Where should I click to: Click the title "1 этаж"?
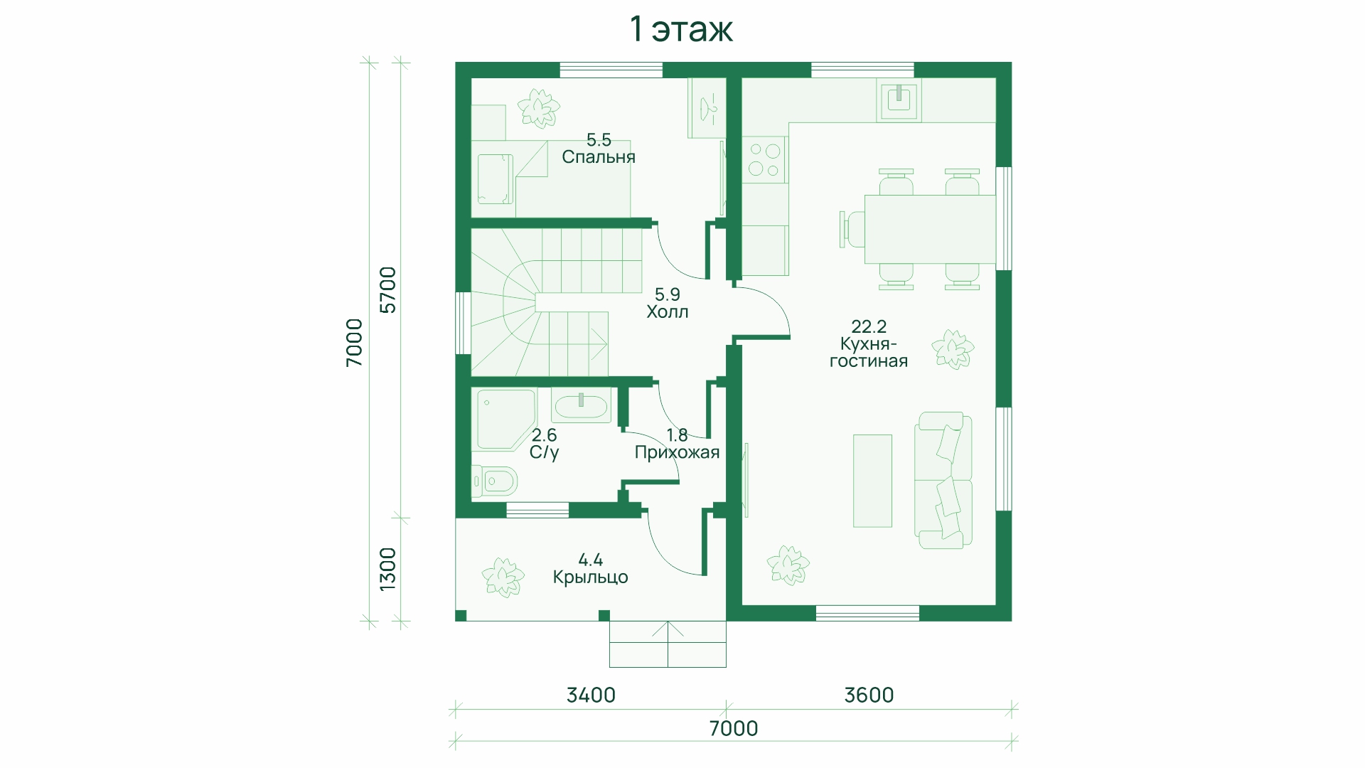tap(681, 30)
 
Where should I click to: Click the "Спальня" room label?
tap(599, 157)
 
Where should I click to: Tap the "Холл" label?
tap(668, 311)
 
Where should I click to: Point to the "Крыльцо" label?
tap(591, 577)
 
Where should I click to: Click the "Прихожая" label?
tap(677, 452)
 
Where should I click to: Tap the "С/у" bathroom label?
tap(545, 452)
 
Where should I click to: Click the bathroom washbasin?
tap(581, 405)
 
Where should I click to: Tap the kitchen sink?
tap(900, 99)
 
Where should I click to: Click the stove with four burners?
tap(764, 159)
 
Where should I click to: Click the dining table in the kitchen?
tap(930, 229)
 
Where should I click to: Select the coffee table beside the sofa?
tap(872, 481)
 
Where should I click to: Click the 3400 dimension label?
tap(591, 695)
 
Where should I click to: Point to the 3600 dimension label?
tap(869, 695)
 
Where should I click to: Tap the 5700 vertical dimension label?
tap(388, 289)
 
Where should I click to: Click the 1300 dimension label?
tap(388, 569)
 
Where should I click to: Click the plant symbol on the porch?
tap(503, 577)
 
